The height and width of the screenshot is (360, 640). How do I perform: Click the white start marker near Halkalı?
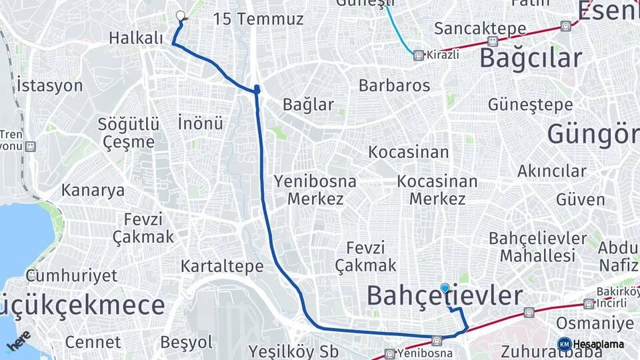pos(180,15)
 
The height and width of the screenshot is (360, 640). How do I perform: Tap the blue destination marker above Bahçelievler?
pos(445,288)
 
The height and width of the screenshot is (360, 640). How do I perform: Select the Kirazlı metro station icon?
pos(418,55)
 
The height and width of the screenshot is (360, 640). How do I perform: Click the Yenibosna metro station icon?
pos(437,340)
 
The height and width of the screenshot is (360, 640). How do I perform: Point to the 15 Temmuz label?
pos(258,19)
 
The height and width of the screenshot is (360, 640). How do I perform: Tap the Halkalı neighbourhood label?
pos(136,39)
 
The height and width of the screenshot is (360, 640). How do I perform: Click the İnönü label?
pos(200,123)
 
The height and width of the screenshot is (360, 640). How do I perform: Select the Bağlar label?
pos(308,105)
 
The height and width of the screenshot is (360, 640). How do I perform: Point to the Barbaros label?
pos(394,85)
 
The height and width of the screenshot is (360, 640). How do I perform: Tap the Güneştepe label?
pos(530,105)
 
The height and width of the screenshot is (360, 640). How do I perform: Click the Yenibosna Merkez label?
pos(315,190)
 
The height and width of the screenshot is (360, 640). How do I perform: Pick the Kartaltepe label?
pos(222,267)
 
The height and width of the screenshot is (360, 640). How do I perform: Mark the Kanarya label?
pos(93,190)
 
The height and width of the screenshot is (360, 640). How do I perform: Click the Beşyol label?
pos(187,343)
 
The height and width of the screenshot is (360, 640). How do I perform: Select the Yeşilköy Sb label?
pos(293,351)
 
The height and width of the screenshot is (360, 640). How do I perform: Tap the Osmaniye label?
pos(595,323)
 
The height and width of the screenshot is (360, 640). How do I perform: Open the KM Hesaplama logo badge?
pos(565,344)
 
